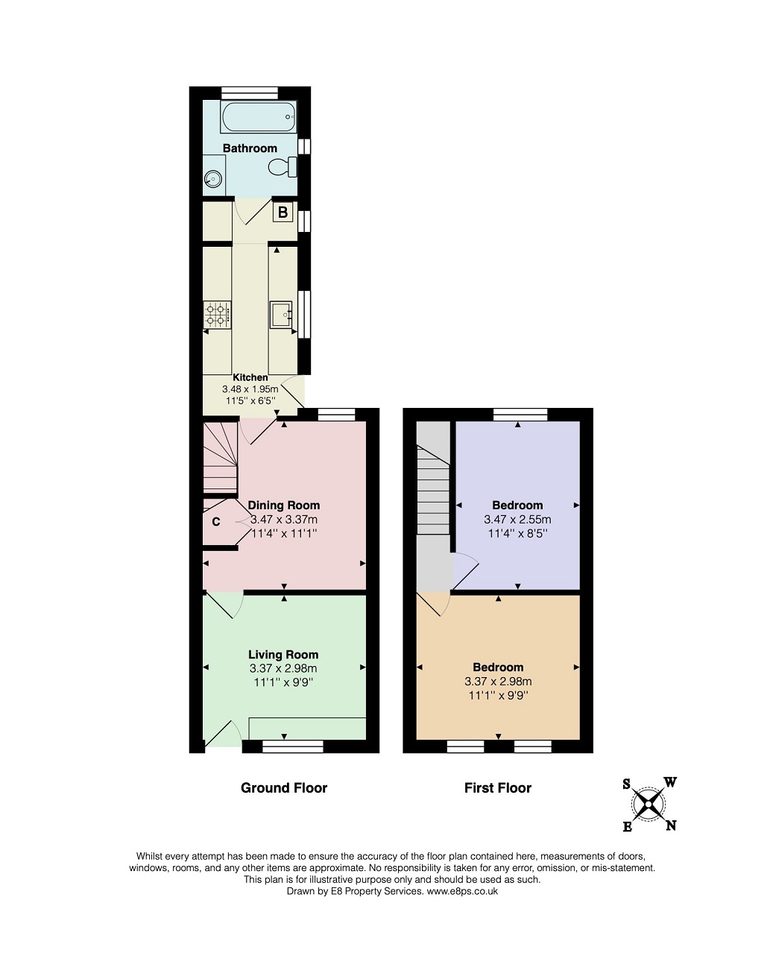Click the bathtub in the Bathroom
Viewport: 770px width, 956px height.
(259, 117)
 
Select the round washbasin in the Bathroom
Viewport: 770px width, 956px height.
(212, 180)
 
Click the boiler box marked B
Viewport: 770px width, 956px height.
(283, 212)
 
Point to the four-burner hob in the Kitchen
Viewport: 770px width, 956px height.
(218, 314)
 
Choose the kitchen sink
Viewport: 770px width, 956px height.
(281, 315)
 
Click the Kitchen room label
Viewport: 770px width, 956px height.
(250, 377)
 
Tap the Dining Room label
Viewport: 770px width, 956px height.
(284, 505)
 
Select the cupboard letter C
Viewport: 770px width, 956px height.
(216, 521)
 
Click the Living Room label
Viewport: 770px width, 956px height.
(283, 655)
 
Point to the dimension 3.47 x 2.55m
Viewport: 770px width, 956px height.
(518, 519)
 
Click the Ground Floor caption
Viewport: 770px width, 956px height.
(284, 788)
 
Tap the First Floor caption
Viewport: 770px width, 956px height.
(498, 788)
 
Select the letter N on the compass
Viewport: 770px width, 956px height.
(671, 826)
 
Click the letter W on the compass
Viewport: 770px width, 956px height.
(670, 782)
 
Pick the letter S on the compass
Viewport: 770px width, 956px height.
(627, 784)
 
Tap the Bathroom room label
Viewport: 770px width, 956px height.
(250, 148)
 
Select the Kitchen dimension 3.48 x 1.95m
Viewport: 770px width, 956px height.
(250, 389)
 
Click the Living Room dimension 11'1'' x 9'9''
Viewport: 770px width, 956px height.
(284, 682)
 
